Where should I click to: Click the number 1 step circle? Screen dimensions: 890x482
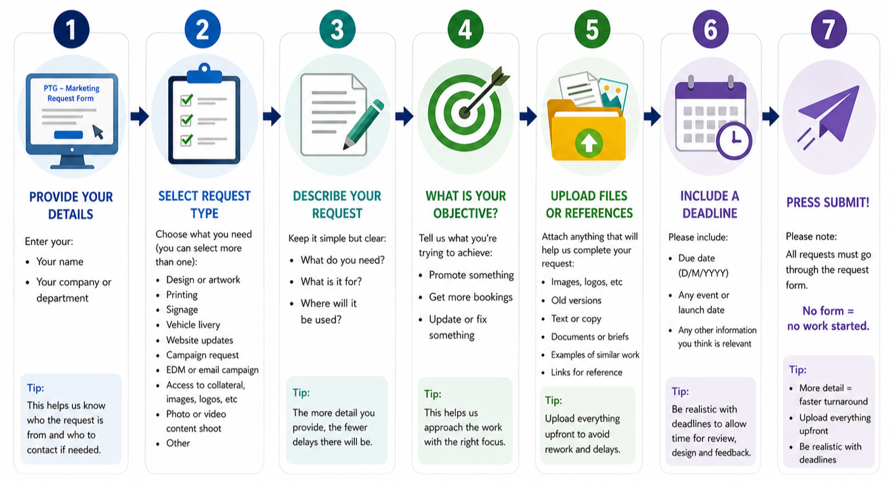pos(71,30)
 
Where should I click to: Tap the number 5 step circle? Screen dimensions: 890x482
pos(592,30)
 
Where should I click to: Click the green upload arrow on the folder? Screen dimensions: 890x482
pos(588,143)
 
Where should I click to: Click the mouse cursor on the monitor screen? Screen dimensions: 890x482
pos(98,131)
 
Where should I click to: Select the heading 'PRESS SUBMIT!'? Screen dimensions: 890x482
pos(828,203)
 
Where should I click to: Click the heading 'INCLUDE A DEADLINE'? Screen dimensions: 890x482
pos(710,204)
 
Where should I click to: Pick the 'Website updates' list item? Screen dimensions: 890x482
pos(199,340)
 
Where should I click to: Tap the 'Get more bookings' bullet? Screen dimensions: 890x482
pos(470,297)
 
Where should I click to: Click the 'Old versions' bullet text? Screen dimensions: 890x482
pos(576,300)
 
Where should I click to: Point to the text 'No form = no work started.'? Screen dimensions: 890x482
pos(828,318)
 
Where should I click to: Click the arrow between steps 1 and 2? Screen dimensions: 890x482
pos(140,116)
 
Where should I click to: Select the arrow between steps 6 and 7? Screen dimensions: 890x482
pos(770,116)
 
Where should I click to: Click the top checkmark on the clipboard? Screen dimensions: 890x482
pos(187,100)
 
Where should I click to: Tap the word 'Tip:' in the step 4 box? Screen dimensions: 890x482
pos(432,394)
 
